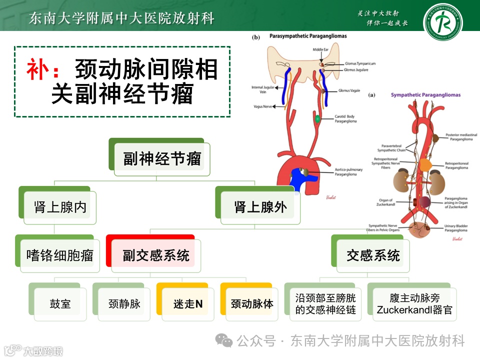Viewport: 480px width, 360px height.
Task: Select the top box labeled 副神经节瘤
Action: [x=162, y=159]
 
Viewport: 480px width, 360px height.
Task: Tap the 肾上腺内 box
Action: [x=60, y=207]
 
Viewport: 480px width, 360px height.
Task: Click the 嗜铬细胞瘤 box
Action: [x=59, y=255]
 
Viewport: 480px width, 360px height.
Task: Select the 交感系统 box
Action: [x=373, y=255]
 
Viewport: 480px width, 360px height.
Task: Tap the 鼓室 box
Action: [x=60, y=304]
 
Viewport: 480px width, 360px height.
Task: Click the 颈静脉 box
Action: [x=124, y=304]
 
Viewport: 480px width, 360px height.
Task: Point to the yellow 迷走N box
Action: [x=188, y=304]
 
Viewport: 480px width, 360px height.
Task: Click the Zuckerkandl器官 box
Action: [x=414, y=304]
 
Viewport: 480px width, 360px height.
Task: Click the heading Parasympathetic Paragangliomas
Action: [x=307, y=36]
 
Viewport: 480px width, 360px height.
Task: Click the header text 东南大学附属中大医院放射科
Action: [x=121, y=18]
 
